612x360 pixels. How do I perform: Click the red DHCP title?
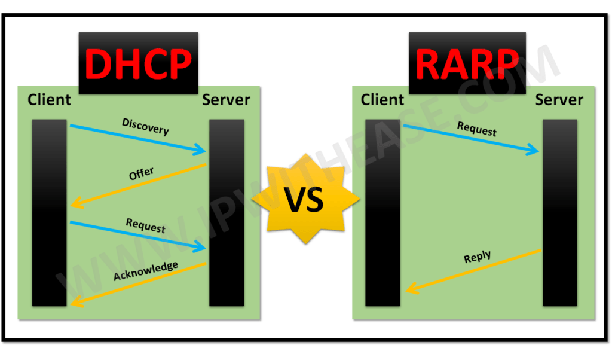pos(138,64)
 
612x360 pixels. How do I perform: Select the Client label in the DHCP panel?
pos(49,99)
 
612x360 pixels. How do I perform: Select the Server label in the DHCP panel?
pos(226,99)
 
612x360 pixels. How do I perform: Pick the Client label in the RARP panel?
pos(382,99)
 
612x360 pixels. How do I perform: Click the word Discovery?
pos(145,127)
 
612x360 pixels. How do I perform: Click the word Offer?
pos(141,175)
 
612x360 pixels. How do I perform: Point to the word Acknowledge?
pos(145,270)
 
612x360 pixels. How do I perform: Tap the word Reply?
pos(477,258)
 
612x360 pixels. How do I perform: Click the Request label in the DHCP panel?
pos(145,225)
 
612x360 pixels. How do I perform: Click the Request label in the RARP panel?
pos(477,128)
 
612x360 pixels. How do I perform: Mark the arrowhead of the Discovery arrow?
pos(202,151)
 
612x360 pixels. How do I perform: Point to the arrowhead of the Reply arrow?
pos(409,291)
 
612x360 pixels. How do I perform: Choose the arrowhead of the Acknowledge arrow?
pos(74,303)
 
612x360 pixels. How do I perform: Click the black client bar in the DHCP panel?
pos(50,212)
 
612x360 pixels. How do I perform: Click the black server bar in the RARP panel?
pos(560,212)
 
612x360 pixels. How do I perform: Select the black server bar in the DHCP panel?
pos(227,212)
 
